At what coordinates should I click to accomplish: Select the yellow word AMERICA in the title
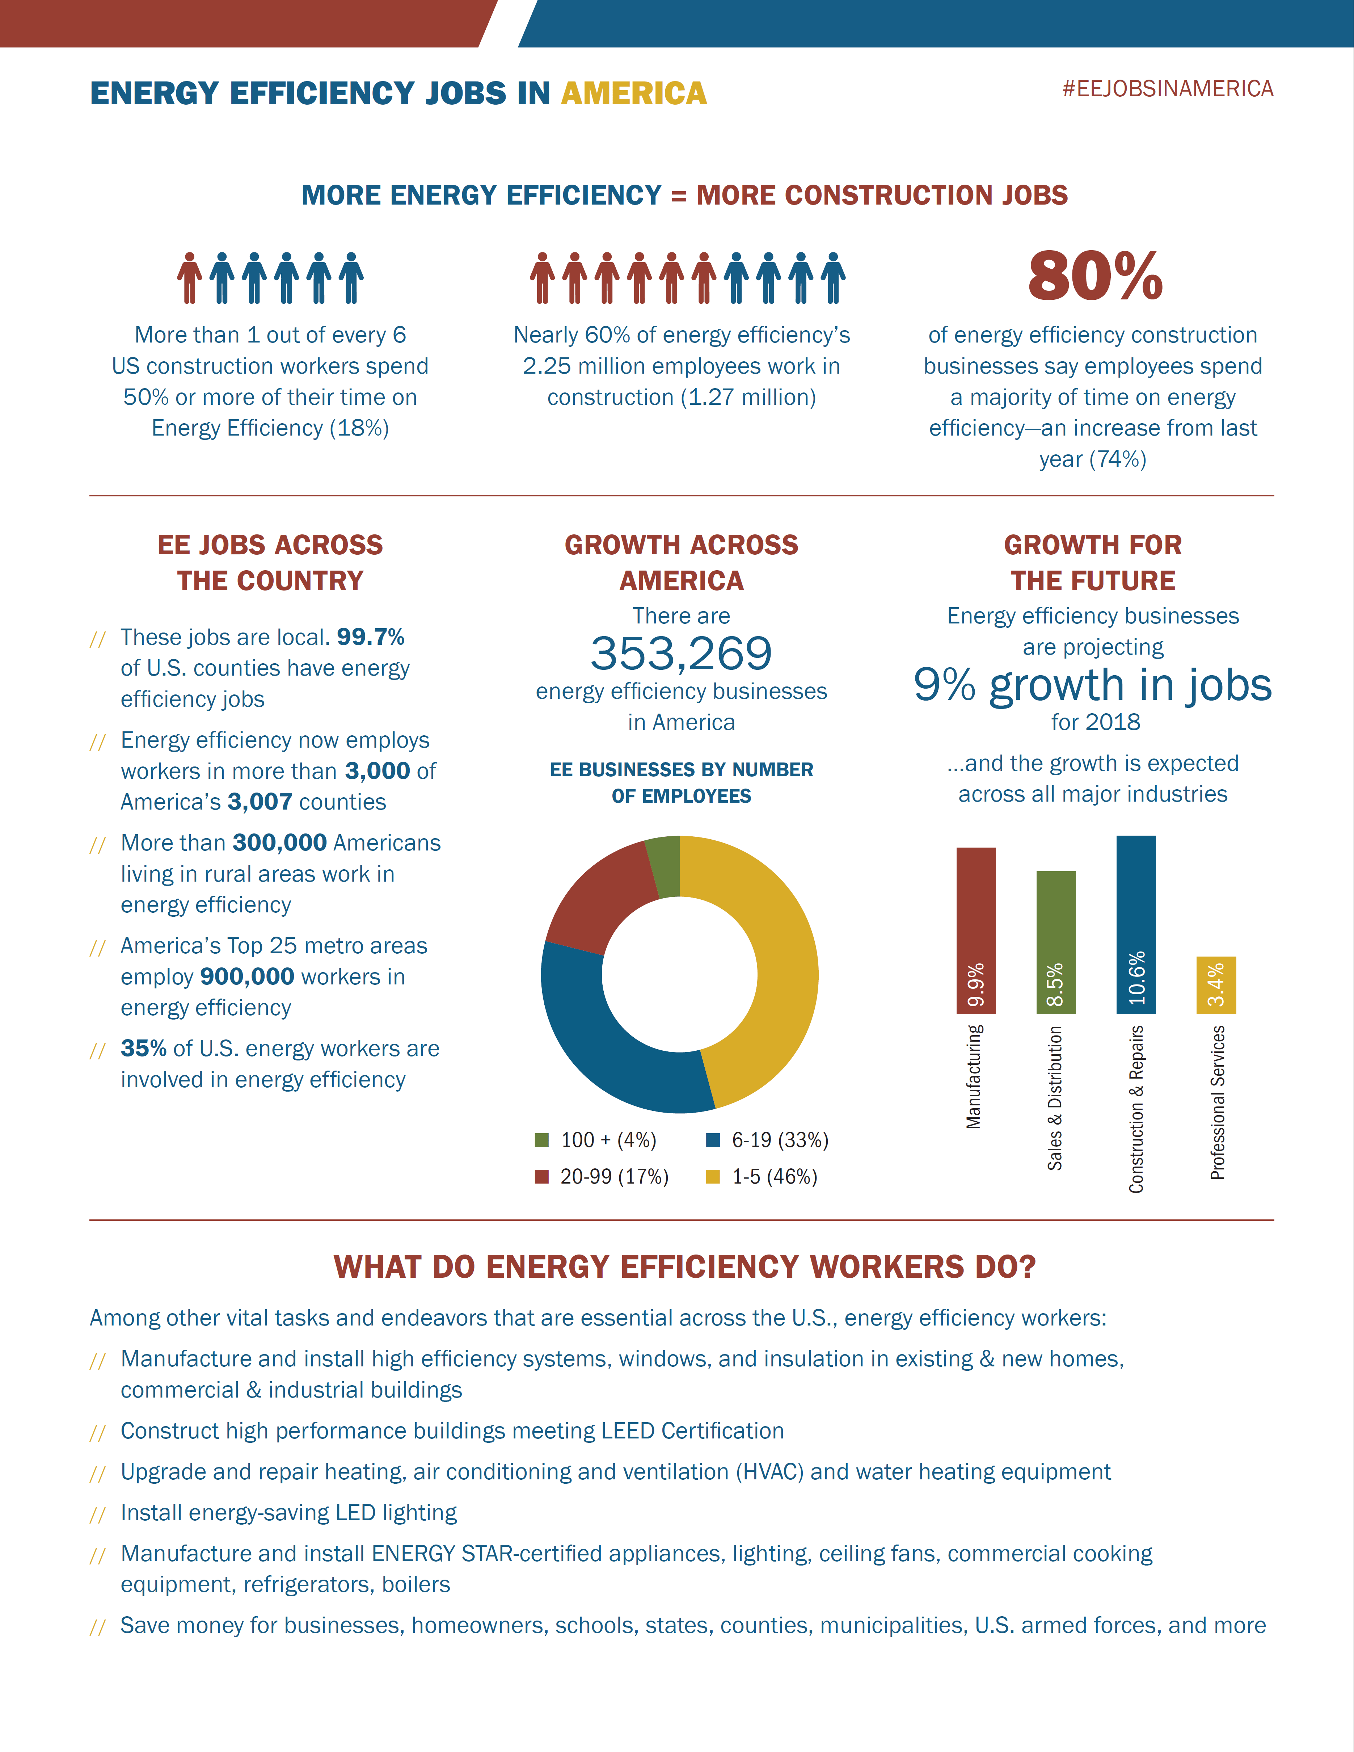(x=634, y=94)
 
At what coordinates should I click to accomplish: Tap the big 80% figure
(x=1095, y=276)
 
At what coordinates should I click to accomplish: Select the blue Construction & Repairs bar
(x=1136, y=924)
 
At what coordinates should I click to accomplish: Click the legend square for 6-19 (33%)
(x=712, y=1140)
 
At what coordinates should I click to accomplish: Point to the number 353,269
(x=681, y=654)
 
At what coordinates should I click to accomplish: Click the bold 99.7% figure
(x=371, y=637)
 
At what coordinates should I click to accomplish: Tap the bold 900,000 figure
(x=247, y=977)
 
